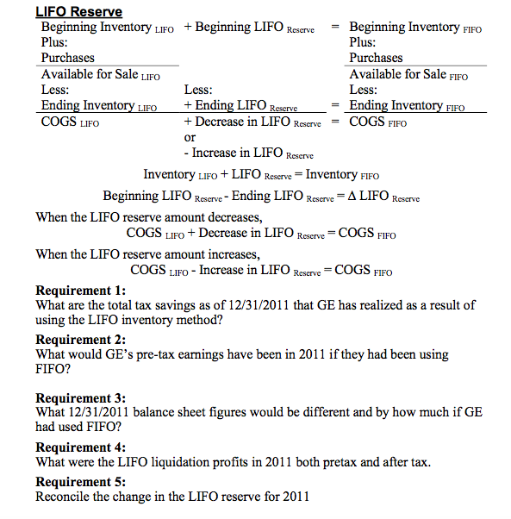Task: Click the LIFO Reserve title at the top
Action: pos(78,12)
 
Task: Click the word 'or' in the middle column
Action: pos(190,137)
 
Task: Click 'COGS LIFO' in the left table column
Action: pos(70,122)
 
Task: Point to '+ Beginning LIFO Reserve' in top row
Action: pos(254,28)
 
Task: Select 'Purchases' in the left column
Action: pos(68,58)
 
